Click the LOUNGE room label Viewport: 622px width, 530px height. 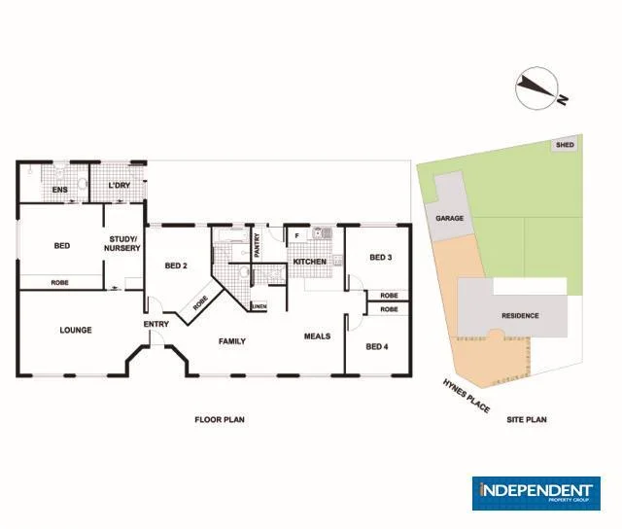pyautogui.click(x=76, y=331)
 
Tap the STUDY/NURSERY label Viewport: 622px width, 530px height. pyautogui.click(x=124, y=243)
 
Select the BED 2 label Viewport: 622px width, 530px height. pyautogui.click(x=175, y=265)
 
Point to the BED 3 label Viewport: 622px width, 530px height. pyautogui.click(x=381, y=258)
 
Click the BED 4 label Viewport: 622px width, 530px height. pyautogui.click(x=377, y=346)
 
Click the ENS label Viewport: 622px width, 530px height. pyautogui.click(x=58, y=190)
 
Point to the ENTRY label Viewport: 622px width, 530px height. pyautogui.click(x=155, y=324)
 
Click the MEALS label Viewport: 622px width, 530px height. pyautogui.click(x=317, y=336)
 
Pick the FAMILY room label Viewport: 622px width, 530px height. pyautogui.click(x=231, y=341)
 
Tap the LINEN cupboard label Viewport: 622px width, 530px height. pyautogui.click(x=259, y=307)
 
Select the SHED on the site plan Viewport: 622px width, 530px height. pyautogui.click(x=565, y=145)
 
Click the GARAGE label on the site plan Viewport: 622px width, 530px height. pyautogui.click(x=449, y=219)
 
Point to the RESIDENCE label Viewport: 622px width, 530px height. pyautogui.click(x=520, y=316)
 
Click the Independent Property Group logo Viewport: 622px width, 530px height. pyautogui.click(x=536, y=493)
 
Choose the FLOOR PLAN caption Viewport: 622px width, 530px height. pyautogui.click(x=219, y=420)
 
